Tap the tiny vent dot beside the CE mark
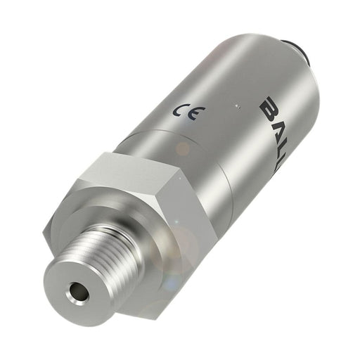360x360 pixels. point(237,107)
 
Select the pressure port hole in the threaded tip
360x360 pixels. point(74,289)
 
